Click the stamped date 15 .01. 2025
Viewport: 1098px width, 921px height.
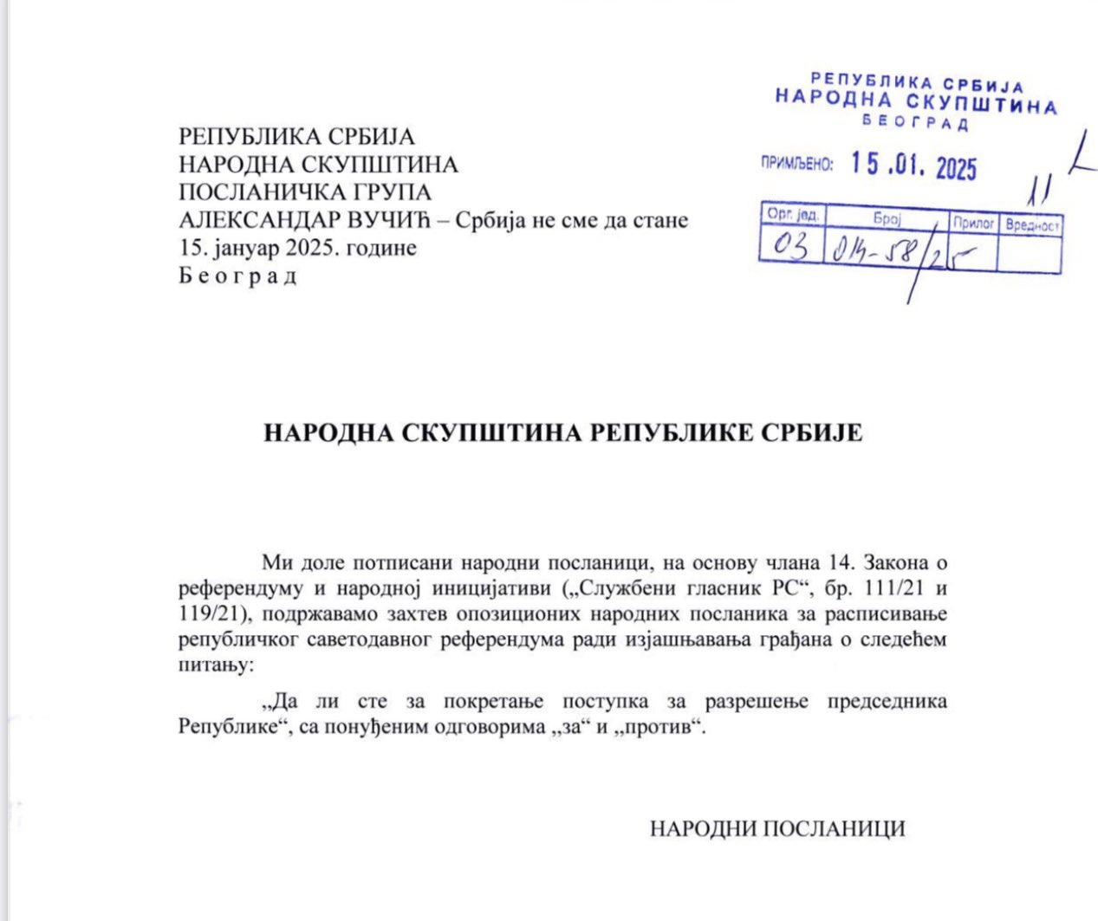(x=913, y=165)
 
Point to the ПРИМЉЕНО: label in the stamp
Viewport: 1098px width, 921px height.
(x=796, y=163)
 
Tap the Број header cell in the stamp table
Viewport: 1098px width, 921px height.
(x=887, y=218)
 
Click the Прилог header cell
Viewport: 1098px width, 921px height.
(x=973, y=223)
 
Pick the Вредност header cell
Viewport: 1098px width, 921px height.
(x=1032, y=225)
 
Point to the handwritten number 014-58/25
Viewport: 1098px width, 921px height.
(x=893, y=250)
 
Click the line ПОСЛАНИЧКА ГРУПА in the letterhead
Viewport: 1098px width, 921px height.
(x=305, y=191)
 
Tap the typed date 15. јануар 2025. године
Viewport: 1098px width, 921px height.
(x=297, y=248)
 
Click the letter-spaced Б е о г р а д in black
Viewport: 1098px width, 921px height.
(x=237, y=276)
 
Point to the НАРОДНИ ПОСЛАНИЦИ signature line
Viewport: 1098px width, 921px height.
(x=777, y=828)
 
